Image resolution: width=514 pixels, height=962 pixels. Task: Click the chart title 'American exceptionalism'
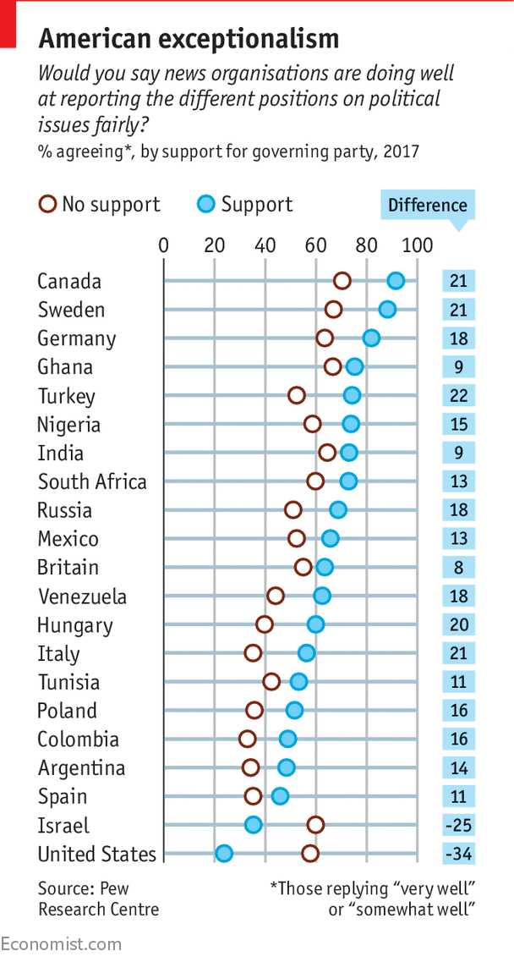[x=189, y=39]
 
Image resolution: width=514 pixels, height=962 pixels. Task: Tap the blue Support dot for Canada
[x=396, y=281]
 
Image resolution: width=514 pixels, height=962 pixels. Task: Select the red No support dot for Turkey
[x=296, y=395]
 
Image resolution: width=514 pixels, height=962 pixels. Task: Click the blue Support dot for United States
[x=223, y=853]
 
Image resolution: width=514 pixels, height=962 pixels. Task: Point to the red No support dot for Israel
[x=315, y=825]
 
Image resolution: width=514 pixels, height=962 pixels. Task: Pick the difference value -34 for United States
[x=458, y=854]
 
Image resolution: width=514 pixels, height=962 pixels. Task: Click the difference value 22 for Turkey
[x=458, y=396]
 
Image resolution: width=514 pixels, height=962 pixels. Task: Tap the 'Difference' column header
[x=427, y=206]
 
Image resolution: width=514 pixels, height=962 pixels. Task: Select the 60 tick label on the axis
[x=316, y=245]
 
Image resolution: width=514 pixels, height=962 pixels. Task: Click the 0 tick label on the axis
[x=164, y=245]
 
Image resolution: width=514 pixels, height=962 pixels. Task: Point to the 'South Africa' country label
[x=92, y=481]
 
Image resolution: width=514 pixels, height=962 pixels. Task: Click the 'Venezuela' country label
[x=82, y=596]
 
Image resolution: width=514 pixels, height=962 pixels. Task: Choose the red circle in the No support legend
[x=47, y=205]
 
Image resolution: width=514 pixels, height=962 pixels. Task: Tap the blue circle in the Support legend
[x=206, y=205]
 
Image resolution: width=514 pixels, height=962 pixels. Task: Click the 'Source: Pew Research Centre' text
[x=98, y=899]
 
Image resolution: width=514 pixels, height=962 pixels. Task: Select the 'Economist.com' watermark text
[x=61, y=944]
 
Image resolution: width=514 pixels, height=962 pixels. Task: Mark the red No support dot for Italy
[x=253, y=653]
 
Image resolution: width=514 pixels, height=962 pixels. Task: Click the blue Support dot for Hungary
[x=315, y=624]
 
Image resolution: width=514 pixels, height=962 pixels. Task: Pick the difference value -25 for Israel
[x=458, y=825]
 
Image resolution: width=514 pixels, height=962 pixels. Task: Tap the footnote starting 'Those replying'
[x=373, y=899]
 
